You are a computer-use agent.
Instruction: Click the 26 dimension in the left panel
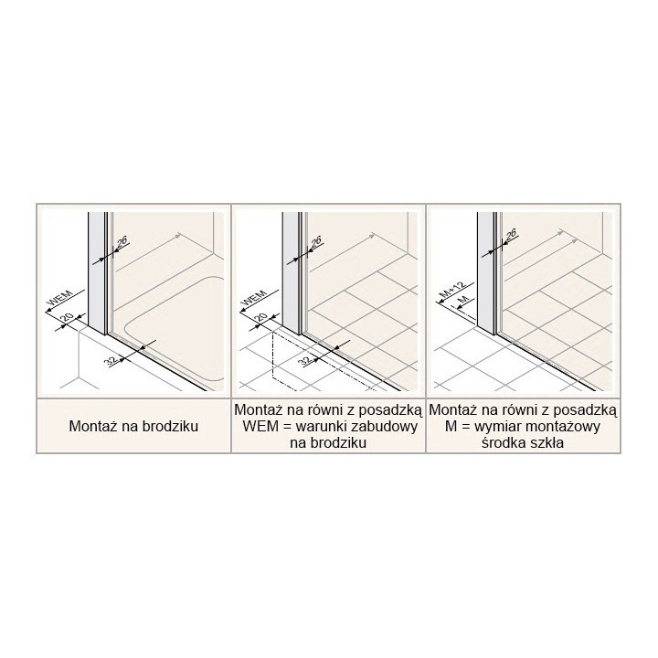(x=122, y=242)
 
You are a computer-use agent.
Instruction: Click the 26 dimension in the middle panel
(x=316, y=242)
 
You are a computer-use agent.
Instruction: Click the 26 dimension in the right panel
(x=511, y=235)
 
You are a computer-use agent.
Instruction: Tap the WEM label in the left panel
(x=59, y=298)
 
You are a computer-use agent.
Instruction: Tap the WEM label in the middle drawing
(x=254, y=298)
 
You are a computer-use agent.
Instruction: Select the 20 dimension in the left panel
(x=68, y=318)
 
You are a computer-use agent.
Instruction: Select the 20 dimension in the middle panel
(x=261, y=317)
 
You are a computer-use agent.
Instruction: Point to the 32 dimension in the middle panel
(x=307, y=360)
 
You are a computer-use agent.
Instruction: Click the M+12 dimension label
(x=453, y=291)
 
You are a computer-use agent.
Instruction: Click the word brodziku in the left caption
(x=170, y=427)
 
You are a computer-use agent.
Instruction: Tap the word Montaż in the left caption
(x=93, y=427)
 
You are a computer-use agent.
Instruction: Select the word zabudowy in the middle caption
(x=387, y=427)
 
